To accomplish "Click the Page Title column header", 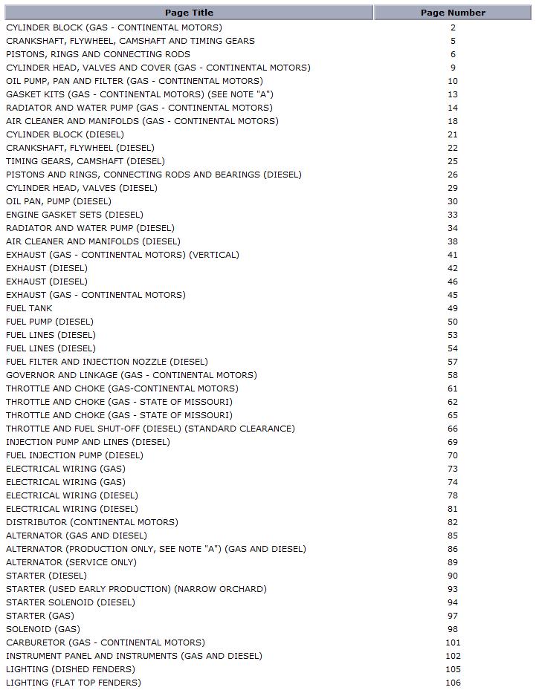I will (x=189, y=13).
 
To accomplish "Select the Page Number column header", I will (x=453, y=13).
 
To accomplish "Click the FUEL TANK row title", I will (x=29, y=308).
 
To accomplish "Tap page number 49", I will (x=453, y=308).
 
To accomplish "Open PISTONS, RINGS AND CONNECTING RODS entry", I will (x=98, y=54).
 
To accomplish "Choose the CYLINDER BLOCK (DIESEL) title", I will (x=65, y=134).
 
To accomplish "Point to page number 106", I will (x=453, y=683).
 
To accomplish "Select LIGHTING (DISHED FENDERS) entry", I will (x=71, y=669).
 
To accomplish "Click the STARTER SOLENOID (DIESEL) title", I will (x=71, y=602).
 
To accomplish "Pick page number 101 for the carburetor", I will (x=453, y=642).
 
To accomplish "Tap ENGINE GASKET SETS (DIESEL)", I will (x=74, y=215).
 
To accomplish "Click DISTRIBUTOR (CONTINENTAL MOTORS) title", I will (x=92, y=522).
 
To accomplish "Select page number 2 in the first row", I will (x=453, y=27).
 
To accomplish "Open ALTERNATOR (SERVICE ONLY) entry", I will (x=71, y=562).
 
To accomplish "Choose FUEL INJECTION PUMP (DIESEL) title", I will (x=74, y=455).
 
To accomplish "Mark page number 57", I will (x=453, y=362).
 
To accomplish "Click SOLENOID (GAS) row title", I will (x=43, y=629).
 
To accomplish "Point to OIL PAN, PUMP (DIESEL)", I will (x=59, y=201).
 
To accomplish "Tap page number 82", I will (x=453, y=522).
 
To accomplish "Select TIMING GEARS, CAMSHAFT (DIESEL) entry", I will (x=85, y=161).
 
